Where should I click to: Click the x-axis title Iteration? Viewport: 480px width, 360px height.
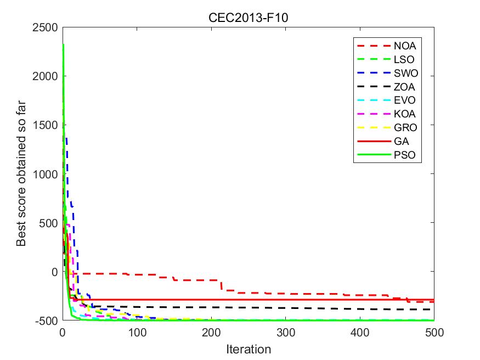[x=249, y=348]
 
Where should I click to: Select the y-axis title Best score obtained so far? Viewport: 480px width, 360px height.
[x=21, y=174]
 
